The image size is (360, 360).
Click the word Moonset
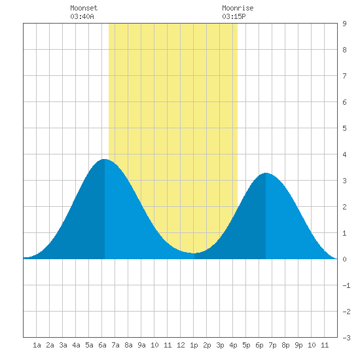pos(84,8)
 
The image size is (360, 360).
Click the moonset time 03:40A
pos(82,16)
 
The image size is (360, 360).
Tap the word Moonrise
pos(238,8)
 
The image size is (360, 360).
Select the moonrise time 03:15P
pos(234,16)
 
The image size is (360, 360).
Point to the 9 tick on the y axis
pos(344,24)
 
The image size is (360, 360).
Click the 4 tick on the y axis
pos(344,154)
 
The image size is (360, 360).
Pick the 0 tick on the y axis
pos(344,259)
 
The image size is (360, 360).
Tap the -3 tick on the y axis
pos(346,338)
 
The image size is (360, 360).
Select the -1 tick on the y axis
pos(346,285)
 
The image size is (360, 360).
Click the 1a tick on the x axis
pos(37,345)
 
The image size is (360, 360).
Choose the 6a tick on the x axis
pos(102,345)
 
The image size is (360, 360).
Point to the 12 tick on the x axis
pos(181,345)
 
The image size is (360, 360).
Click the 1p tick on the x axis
pos(194,345)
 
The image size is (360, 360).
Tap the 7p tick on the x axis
pos(272,345)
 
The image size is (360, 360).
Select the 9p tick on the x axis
pos(298,345)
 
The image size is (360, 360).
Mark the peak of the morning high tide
pos(105,159)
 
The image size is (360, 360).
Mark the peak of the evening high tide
pos(266,173)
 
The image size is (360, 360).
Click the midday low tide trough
pos(194,253)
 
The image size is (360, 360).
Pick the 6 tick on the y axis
pos(344,102)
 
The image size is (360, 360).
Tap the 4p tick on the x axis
pos(233,345)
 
